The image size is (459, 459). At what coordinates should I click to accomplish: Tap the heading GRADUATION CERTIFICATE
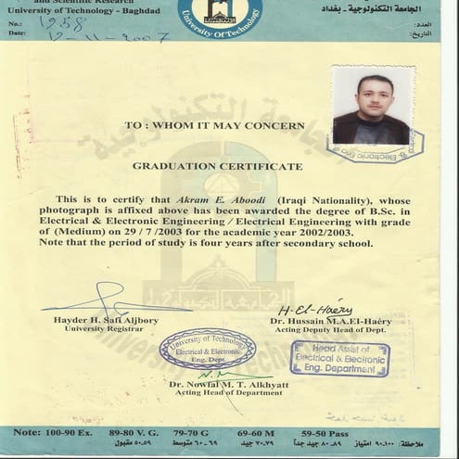pos(217,166)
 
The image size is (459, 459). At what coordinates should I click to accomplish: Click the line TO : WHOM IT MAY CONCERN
pos(214,124)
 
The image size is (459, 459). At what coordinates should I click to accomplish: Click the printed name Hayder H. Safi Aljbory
pos(106,320)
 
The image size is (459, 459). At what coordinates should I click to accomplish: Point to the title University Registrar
pos(97,328)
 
